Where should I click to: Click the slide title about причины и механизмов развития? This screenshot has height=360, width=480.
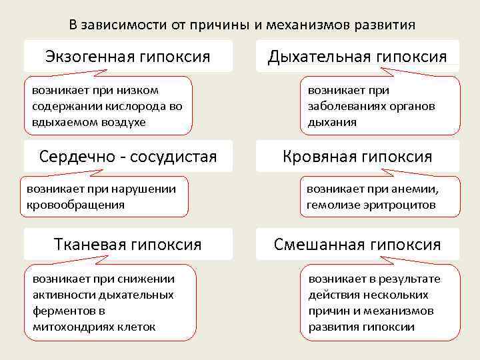point(242,25)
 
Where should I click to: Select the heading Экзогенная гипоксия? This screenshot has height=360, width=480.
point(128,56)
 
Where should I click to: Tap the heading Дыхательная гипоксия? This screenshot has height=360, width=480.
point(357,56)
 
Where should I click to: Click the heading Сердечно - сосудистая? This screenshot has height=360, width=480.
point(128,157)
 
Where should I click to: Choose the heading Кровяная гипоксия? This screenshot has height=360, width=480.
point(357,157)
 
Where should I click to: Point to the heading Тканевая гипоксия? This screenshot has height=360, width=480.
point(128,245)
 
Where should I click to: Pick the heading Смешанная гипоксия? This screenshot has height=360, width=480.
point(357,245)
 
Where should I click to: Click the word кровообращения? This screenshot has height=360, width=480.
point(75,205)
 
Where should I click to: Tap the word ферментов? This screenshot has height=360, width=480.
point(63,311)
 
